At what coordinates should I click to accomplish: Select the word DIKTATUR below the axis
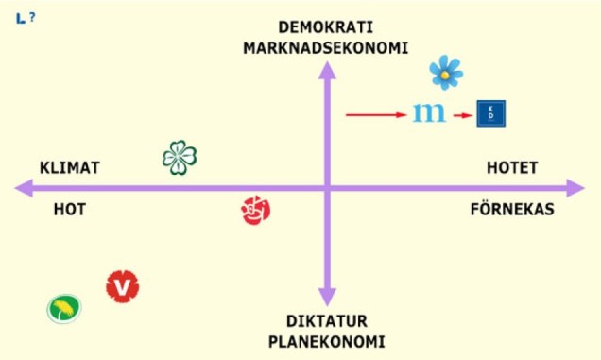pyautogui.click(x=327, y=319)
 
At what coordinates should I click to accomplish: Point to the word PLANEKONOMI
pyautogui.click(x=327, y=340)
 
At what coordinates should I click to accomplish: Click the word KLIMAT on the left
pyautogui.click(x=70, y=168)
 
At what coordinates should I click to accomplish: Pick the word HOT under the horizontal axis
pyautogui.click(x=69, y=209)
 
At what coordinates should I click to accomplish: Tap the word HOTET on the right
pyautogui.click(x=512, y=168)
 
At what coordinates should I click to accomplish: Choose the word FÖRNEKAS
pyautogui.click(x=512, y=209)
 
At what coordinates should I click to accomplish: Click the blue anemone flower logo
pyautogui.click(x=445, y=72)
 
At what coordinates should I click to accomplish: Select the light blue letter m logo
pyautogui.click(x=430, y=114)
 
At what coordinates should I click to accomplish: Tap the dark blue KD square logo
pyautogui.click(x=491, y=113)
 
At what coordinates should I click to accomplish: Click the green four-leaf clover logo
pyautogui.click(x=180, y=157)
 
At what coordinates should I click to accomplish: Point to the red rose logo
pyautogui.click(x=256, y=210)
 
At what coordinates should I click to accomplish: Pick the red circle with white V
pyautogui.click(x=123, y=284)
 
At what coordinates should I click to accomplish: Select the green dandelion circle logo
pyautogui.click(x=64, y=308)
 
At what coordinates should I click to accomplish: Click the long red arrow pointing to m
pyautogui.click(x=375, y=115)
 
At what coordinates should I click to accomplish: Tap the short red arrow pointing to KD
pyautogui.click(x=462, y=115)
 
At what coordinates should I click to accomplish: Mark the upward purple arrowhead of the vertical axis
pyautogui.click(x=328, y=69)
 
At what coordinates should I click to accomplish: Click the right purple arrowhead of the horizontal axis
pyautogui.click(x=575, y=188)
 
